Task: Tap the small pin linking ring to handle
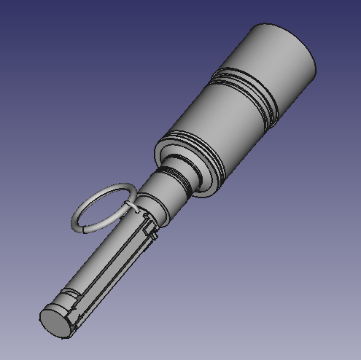pos(133,208)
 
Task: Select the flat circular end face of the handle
pos(55,321)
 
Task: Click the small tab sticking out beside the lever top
pos(157,236)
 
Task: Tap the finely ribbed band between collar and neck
pos(176,179)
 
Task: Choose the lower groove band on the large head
pos(193,142)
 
